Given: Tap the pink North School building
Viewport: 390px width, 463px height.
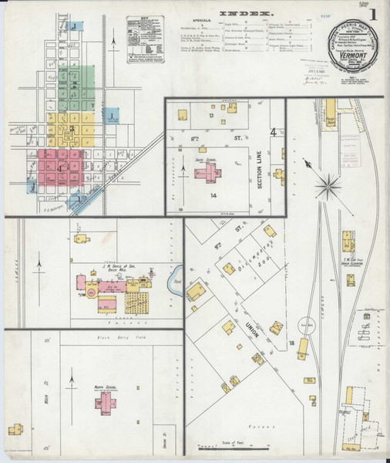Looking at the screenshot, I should pos(106,401).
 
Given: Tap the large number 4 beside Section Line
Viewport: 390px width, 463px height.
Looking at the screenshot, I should pos(273,133).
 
